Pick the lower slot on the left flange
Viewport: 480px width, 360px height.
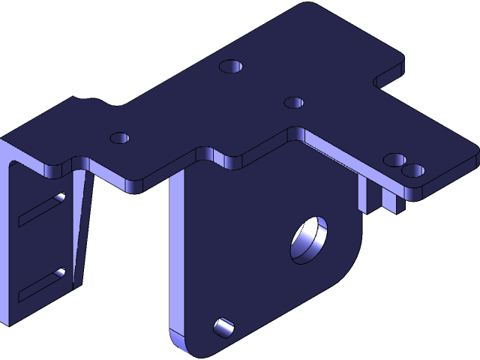tap(42, 282)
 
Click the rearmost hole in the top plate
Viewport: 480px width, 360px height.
tap(232, 65)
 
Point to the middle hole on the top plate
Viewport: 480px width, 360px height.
tap(294, 102)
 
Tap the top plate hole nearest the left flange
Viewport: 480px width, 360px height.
tap(120, 138)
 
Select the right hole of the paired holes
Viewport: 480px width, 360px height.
tap(412, 170)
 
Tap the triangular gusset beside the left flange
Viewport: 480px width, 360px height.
tap(82, 225)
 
